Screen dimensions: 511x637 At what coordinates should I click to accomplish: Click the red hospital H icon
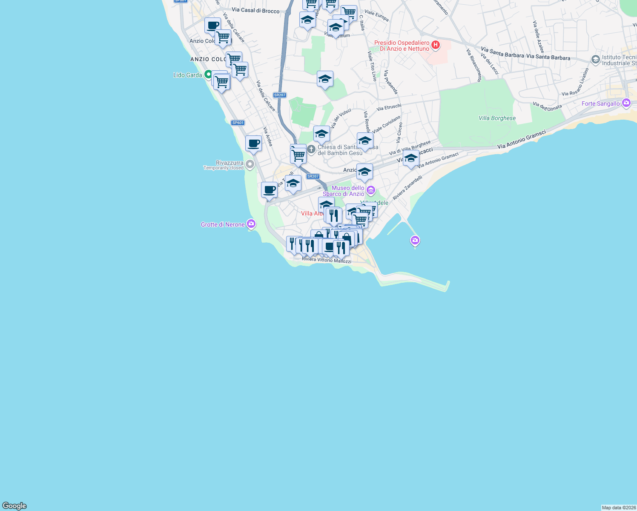click(x=435, y=45)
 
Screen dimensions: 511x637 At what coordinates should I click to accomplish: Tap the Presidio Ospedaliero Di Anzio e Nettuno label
click(x=402, y=46)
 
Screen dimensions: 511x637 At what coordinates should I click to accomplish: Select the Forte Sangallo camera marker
click(x=626, y=103)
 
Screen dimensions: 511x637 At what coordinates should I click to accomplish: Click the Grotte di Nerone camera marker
click(x=251, y=224)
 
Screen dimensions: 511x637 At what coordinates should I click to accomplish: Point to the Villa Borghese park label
click(x=497, y=118)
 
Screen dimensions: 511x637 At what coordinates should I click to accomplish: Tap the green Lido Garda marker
click(x=208, y=75)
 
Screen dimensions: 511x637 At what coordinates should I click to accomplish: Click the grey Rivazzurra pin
click(x=250, y=164)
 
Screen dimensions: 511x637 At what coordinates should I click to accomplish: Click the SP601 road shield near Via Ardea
click(x=238, y=123)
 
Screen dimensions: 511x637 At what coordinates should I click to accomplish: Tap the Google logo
click(x=14, y=506)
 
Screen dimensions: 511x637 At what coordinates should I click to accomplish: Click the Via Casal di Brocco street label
click(x=255, y=10)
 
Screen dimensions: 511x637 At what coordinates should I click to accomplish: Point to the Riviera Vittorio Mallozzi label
click(x=326, y=260)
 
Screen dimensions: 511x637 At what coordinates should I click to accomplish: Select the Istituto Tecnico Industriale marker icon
click(x=596, y=59)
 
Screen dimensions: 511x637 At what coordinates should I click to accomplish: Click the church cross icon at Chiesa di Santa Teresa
click(x=311, y=149)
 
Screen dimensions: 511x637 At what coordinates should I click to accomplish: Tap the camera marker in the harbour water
click(x=415, y=241)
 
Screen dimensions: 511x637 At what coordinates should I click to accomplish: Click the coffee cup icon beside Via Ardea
click(x=254, y=143)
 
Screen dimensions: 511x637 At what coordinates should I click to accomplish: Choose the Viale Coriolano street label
click(x=386, y=124)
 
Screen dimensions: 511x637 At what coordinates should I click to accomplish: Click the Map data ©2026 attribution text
click(x=619, y=508)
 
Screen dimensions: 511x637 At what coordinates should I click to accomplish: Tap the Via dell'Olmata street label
click(x=547, y=106)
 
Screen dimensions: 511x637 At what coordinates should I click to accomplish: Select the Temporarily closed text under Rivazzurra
click(x=223, y=168)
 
